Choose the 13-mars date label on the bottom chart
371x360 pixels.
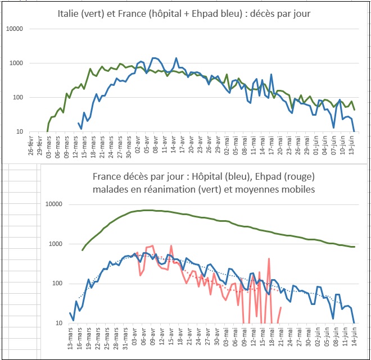[x=70, y=339]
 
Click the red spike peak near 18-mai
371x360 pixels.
[x=270, y=259]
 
